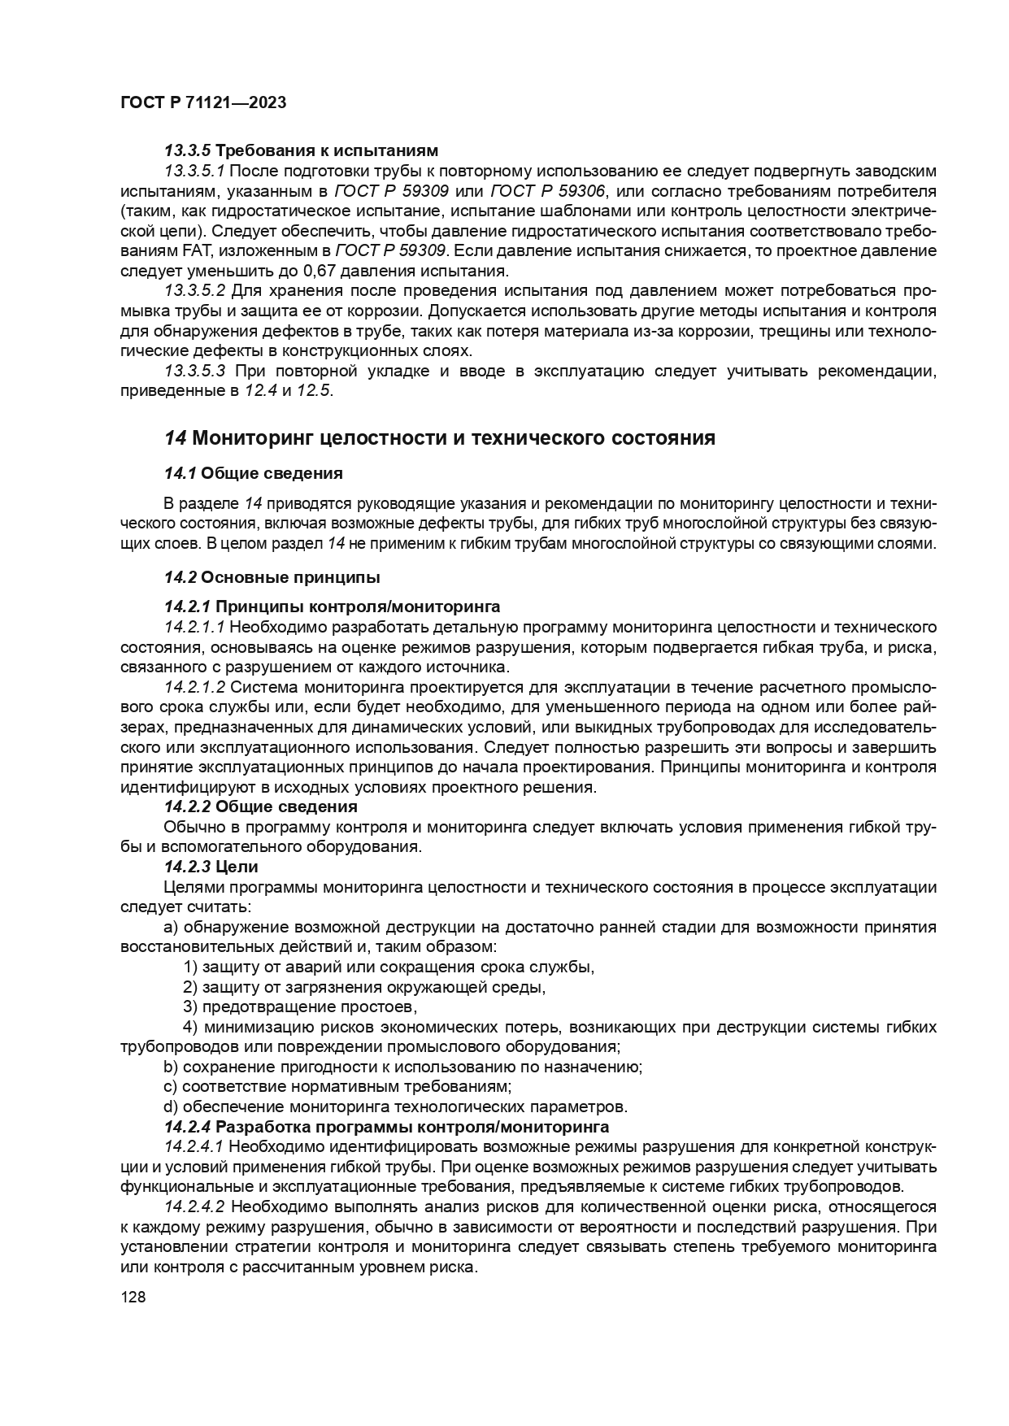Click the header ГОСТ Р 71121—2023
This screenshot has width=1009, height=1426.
(202, 102)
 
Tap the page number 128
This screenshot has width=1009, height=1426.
(133, 1298)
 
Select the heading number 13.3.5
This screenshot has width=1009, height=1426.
(187, 150)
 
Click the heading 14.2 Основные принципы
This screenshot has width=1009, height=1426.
(272, 578)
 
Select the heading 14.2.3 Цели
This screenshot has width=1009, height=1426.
(211, 867)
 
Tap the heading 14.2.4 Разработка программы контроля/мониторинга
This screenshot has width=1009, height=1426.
(386, 1127)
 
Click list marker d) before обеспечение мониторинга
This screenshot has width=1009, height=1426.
(170, 1107)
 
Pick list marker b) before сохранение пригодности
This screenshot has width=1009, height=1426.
(170, 1067)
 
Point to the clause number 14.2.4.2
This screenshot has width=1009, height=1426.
(194, 1206)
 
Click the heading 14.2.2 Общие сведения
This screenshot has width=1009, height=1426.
(260, 806)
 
